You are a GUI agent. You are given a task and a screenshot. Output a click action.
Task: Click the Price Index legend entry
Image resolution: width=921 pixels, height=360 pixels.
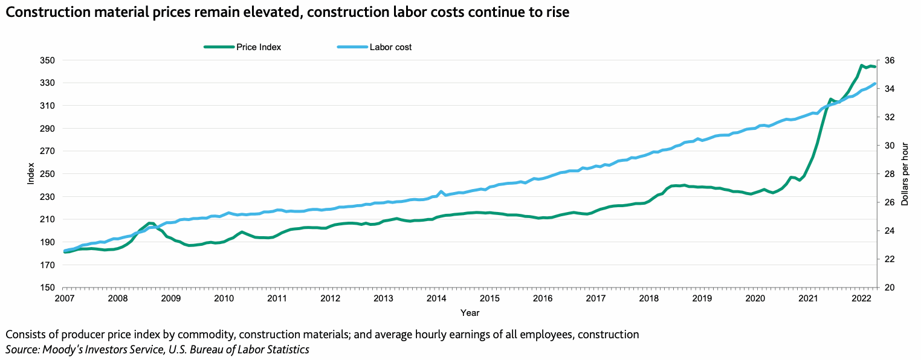coord(259,47)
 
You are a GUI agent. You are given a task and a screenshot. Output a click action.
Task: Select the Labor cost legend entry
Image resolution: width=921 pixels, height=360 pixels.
coord(390,47)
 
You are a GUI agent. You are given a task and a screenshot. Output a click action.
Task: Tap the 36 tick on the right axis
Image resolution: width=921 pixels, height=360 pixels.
coord(889,60)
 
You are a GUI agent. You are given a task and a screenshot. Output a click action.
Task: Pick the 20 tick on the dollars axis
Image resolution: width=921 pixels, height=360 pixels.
coord(889,288)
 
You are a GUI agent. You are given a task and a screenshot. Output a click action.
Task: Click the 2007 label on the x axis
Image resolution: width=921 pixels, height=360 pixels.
coord(65,298)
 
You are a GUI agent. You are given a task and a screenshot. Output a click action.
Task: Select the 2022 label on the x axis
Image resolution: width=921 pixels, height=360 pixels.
coord(859,298)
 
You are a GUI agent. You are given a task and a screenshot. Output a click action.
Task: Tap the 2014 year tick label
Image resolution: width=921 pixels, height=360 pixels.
coord(436,298)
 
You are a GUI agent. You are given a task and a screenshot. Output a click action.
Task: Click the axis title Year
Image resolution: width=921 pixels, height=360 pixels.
coord(470,313)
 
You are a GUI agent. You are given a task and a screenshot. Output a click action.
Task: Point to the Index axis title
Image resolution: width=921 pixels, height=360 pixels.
coord(31,174)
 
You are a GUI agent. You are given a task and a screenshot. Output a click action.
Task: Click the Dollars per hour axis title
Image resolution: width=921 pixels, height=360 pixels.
coord(905,174)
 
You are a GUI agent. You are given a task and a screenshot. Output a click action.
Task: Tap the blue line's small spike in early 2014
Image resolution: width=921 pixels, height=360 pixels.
coord(441,191)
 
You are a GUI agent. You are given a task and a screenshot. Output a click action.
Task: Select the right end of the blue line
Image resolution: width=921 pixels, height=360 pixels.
coord(875,84)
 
